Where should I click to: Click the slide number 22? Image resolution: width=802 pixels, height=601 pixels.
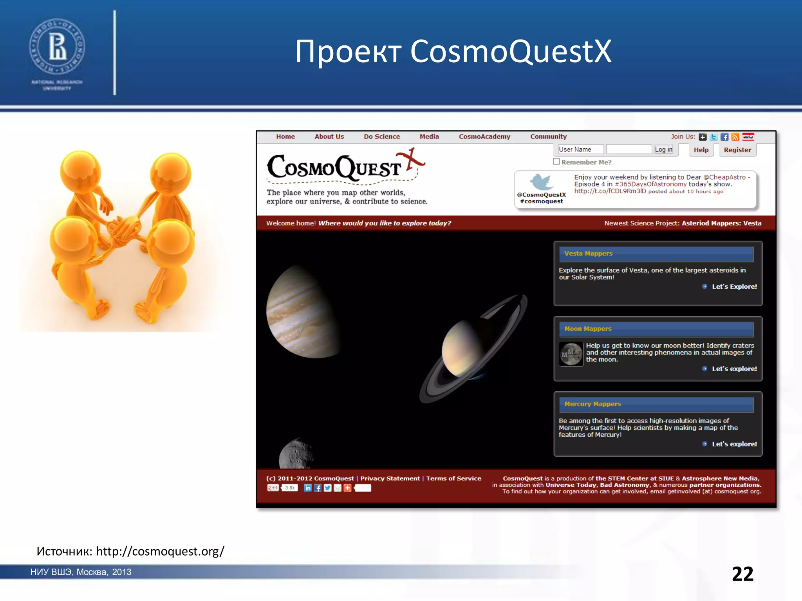click(742, 574)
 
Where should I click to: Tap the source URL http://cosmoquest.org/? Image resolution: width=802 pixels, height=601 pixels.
click(160, 551)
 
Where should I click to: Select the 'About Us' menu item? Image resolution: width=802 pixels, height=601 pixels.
click(329, 137)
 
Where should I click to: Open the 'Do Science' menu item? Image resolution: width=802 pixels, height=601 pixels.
click(381, 137)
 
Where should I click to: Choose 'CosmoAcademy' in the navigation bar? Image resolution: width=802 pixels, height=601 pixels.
click(484, 137)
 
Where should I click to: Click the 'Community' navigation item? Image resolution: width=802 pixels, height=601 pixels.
click(548, 137)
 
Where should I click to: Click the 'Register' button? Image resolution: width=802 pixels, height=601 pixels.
click(737, 150)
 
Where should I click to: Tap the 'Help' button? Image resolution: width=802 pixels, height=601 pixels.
click(701, 150)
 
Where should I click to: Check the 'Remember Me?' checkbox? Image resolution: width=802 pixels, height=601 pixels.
click(556, 162)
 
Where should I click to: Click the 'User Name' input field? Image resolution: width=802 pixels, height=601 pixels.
click(580, 149)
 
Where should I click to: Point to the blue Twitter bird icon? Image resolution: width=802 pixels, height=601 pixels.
click(541, 182)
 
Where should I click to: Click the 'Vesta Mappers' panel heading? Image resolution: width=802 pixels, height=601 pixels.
click(588, 254)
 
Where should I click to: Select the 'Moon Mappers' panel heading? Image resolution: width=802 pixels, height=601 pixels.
click(587, 329)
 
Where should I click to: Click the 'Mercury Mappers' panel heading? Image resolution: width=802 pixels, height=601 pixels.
click(592, 404)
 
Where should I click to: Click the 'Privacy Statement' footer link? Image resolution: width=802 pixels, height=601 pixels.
click(390, 479)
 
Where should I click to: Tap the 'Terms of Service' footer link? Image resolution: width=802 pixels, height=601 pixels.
click(453, 479)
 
